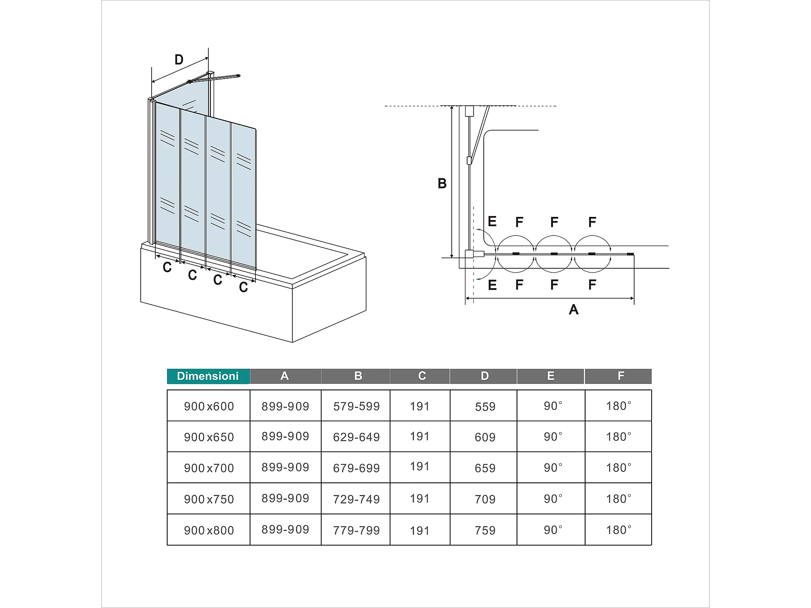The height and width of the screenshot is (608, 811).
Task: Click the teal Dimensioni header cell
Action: [x=208, y=376]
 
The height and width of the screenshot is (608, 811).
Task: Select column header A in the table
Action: [x=285, y=376]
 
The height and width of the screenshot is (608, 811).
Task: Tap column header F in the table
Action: [x=620, y=376]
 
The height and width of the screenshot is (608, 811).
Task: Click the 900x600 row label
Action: [x=209, y=406]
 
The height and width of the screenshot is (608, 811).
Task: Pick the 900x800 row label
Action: [x=209, y=530]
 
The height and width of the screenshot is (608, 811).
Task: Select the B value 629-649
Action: [x=356, y=437]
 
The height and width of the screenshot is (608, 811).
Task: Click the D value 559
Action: [x=485, y=407]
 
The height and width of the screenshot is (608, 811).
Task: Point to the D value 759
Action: [x=485, y=530]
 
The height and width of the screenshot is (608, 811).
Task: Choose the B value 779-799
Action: [x=356, y=530]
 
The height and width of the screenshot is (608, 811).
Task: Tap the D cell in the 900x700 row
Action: [x=485, y=468]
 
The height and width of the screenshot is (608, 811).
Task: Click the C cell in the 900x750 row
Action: [x=420, y=499]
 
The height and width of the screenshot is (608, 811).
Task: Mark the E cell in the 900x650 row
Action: [x=553, y=437]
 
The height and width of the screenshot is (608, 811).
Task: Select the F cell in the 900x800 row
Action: [x=619, y=530]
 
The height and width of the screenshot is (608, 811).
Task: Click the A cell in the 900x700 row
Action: [x=285, y=467]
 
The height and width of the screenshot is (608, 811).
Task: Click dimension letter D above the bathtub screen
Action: [x=179, y=60]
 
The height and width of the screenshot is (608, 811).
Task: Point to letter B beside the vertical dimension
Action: [x=442, y=184]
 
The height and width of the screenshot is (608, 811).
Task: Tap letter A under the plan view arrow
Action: [x=573, y=310]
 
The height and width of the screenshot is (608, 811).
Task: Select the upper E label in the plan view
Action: [x=492, y=221]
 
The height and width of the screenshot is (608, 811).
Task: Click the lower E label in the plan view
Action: [x=492, y=285]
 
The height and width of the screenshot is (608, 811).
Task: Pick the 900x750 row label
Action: [x=209, y=499]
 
